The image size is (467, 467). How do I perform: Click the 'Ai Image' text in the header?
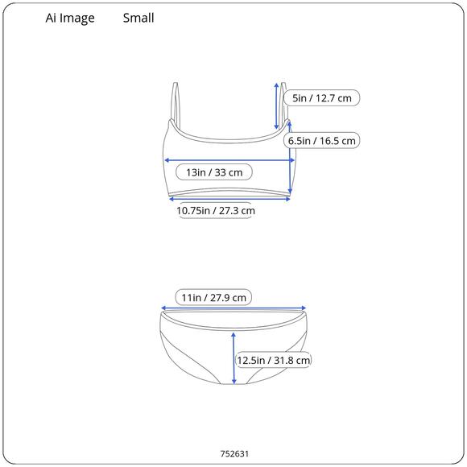tap(70, 19)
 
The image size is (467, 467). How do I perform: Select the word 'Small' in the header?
tap(138, 18)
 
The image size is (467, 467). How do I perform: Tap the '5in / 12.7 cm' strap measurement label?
tap(321, 98)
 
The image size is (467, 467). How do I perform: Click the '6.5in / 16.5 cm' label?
tap(321, 141)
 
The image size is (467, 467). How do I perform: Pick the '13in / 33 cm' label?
tap(214, 172)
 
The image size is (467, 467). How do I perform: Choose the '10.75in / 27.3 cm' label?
tap(216, 211)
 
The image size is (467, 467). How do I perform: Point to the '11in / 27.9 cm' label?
tap(213, 297)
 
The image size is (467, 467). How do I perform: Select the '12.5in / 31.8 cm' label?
tap(274, 360)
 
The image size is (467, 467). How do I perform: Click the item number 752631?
tap(234, 453)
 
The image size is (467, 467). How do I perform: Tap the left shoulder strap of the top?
tap(176, 103)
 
